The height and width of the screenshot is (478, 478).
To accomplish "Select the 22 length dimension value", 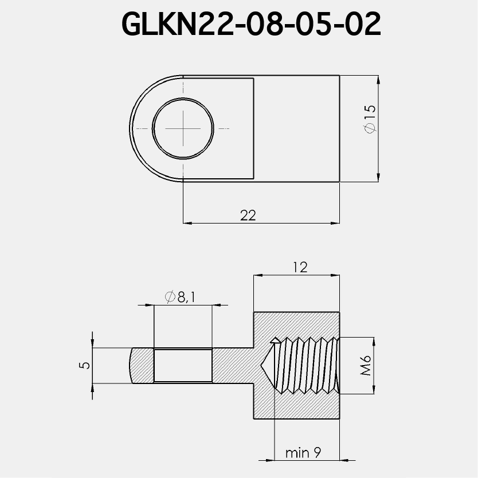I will click(x=248, y=215).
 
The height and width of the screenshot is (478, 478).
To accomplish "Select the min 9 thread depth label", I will click(x=303, y=453).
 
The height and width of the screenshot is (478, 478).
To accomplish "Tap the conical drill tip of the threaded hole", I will click(x=269, y=366).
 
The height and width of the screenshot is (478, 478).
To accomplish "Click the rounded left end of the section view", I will click(x=136, y=366).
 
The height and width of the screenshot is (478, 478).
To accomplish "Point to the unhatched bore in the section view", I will click(x=183, y=366).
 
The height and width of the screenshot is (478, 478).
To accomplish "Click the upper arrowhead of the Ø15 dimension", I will click(x=378, y=80).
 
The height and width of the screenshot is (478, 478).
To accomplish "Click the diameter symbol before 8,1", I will click(x=170, y=296).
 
